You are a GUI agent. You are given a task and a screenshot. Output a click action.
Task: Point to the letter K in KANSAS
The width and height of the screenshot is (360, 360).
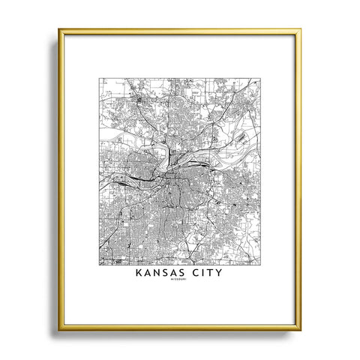[x=139, y=274]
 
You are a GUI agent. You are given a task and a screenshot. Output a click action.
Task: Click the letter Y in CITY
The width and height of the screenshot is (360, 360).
[x=221, y=274]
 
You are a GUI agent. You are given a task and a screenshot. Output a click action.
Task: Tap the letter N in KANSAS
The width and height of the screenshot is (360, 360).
[x=157, y=274]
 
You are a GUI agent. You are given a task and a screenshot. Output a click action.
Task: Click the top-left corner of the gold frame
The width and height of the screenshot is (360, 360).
[x=59, y=30]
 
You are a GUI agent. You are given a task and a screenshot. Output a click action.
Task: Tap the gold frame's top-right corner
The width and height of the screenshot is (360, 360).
[x=300, y=30]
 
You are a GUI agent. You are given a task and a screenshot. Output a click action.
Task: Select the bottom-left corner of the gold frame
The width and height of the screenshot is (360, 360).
[x=59, y=328]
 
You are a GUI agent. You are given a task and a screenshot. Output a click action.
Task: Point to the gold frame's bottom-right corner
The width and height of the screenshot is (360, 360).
[x=300, y=328]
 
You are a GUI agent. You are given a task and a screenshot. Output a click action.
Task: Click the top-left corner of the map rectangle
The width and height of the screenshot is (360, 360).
[x=100, y=78]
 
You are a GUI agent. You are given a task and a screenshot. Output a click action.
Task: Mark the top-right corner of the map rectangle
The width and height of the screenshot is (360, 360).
[x=259, y=78]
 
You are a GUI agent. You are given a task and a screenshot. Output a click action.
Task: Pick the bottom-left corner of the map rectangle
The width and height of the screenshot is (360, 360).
[x=100, y=265]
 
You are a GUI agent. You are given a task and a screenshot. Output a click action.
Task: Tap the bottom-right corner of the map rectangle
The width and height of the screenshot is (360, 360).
[x=259, y=265]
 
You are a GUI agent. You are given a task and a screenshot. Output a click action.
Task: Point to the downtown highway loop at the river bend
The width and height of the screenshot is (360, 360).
[x=169, y=178]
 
